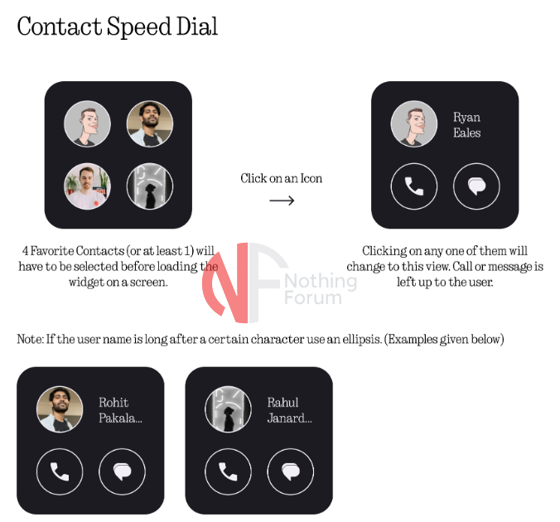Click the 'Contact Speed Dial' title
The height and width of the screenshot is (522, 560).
(x=117, y=27)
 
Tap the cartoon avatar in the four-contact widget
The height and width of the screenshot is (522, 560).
(x=87, y=123)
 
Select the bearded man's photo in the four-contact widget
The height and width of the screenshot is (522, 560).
(x=150, y=123)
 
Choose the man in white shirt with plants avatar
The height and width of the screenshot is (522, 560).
(x=87, y=186)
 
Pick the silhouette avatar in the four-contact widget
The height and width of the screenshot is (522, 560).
(x=150, y=186)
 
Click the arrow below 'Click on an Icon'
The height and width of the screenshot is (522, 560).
(x=282, y=201)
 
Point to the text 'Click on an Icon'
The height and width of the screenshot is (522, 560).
(x=281, y=178)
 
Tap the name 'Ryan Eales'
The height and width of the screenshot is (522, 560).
(x=466, y=124)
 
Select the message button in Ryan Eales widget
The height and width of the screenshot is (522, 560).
(x=476, y=186)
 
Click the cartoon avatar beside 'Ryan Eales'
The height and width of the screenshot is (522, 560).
(x=414, y=123)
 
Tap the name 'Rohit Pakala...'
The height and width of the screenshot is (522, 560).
(x=120, y=410)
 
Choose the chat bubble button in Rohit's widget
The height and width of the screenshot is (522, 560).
(x=122, y=471)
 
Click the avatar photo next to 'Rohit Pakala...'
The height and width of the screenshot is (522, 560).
(x=60, y=409)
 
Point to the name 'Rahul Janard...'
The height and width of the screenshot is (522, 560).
(x=290, y=410)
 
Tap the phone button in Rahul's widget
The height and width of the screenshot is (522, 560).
(x=228, y=471)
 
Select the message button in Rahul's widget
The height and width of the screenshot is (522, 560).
(x=291, y=471)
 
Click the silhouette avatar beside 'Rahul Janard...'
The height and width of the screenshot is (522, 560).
(x=228, y=409)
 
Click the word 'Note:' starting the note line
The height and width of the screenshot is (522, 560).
(x=31, y=339)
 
